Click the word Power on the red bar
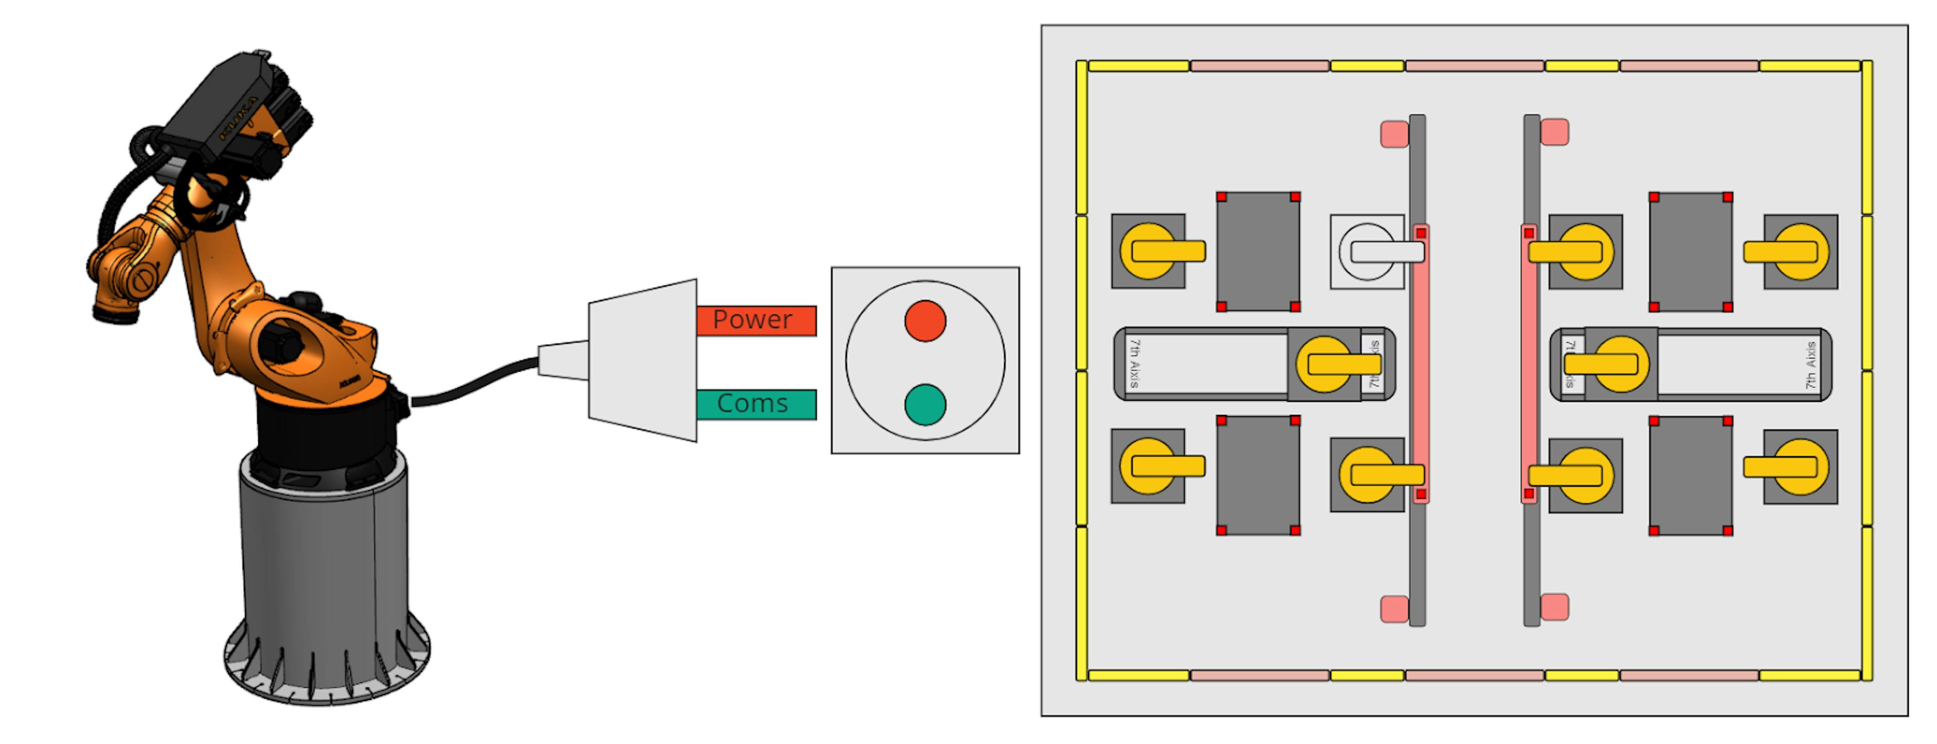[752, 320]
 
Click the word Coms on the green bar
[752, 404]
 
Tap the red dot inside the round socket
[925, 321]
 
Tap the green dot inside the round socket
[925, 405]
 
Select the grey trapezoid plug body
[643, 361]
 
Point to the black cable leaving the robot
[474, 384]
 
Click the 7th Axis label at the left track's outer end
[1134, 364]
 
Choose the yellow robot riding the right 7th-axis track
[1620, 364]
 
